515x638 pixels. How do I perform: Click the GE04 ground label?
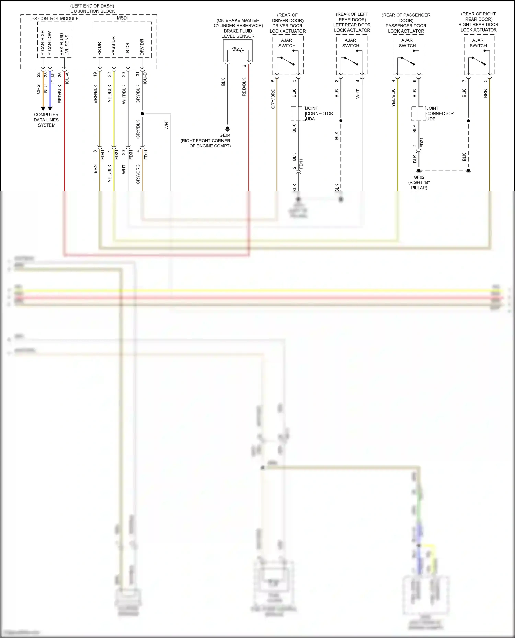pos(225,135)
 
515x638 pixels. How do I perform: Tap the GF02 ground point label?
pos(419,177)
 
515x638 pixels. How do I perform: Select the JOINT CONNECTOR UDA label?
pos(319,113)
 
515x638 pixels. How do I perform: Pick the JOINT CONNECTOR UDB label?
pos(439,113)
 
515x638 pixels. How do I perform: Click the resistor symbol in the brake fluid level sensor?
pos(238,50)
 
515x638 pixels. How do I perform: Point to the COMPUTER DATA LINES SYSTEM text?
pos(46,120)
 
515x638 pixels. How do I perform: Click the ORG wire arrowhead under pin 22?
pos(43,109)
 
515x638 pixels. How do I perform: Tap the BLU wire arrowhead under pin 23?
pos(50,109)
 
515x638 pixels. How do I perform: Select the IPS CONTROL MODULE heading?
pos(54,19)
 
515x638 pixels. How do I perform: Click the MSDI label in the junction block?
pos(122,18)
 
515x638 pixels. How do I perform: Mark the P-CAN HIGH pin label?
pos(43,43)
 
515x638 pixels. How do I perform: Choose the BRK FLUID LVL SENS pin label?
pos(64,44)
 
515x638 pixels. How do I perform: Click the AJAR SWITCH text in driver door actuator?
pos(287,43)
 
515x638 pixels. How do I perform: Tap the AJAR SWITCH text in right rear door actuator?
pos(478,43)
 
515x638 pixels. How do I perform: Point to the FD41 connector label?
pos(102,154)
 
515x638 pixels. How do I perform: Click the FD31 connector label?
pos(131,154)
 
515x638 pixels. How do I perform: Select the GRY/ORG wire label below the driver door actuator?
pos(273,99)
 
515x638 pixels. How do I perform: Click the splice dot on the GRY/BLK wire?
pos(142,113)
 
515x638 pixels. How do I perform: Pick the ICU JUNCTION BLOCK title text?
pos(92,11)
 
